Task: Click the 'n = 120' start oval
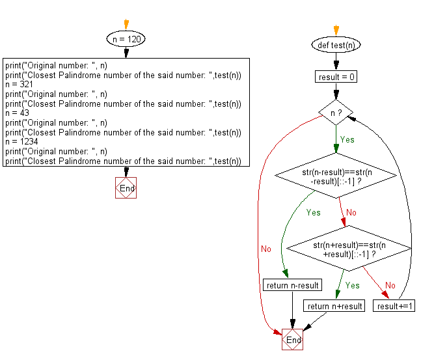click(x=126, y=39)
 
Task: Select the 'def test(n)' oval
click(x=336, y=45)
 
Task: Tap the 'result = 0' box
click(x=336, y=77)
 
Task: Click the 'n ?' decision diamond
click(x=336, y=112)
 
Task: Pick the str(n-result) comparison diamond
click(x=336, y=176)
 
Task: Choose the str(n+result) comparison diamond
click(x=349, y=249)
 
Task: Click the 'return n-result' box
click(x=292, y=285)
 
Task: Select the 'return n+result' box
click(x=334, y=306)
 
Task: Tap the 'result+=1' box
click(x=396, y=306)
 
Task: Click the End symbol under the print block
click(x=126, y=188)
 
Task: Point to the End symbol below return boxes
click(x=293, y=340)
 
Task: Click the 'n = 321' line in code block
click(x=18, y=85)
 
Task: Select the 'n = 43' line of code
click(x=16, y=113)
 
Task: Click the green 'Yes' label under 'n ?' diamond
click(x=347, y=139)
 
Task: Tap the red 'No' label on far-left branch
click(x=266, y=249)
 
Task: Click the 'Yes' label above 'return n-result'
click(x=313, y=212)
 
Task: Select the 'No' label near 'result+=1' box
click(x=390, y=285)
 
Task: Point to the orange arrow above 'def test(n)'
click(x=336, y=29)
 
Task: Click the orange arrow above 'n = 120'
click(x=126, y=23)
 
